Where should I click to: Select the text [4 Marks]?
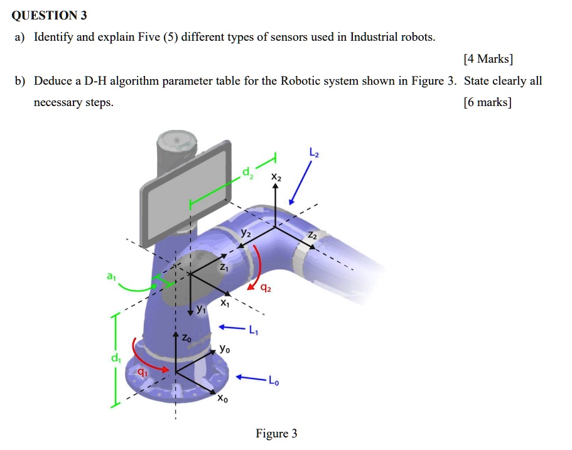pos(488,60)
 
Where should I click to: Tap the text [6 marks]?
pos(487,102)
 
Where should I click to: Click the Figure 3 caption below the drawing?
pos(276,434)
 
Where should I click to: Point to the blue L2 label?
pos(314,153)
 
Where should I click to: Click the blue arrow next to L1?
pos(230,328)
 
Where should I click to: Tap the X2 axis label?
pos(276,178)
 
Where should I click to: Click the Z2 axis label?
pos(313,235)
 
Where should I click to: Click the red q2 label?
pos(266,289)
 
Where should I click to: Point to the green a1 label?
pos(111,276)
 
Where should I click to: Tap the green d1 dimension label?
pos(115,359)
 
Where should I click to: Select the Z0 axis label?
pos(187,338)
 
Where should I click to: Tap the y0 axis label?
pos(225,349)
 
